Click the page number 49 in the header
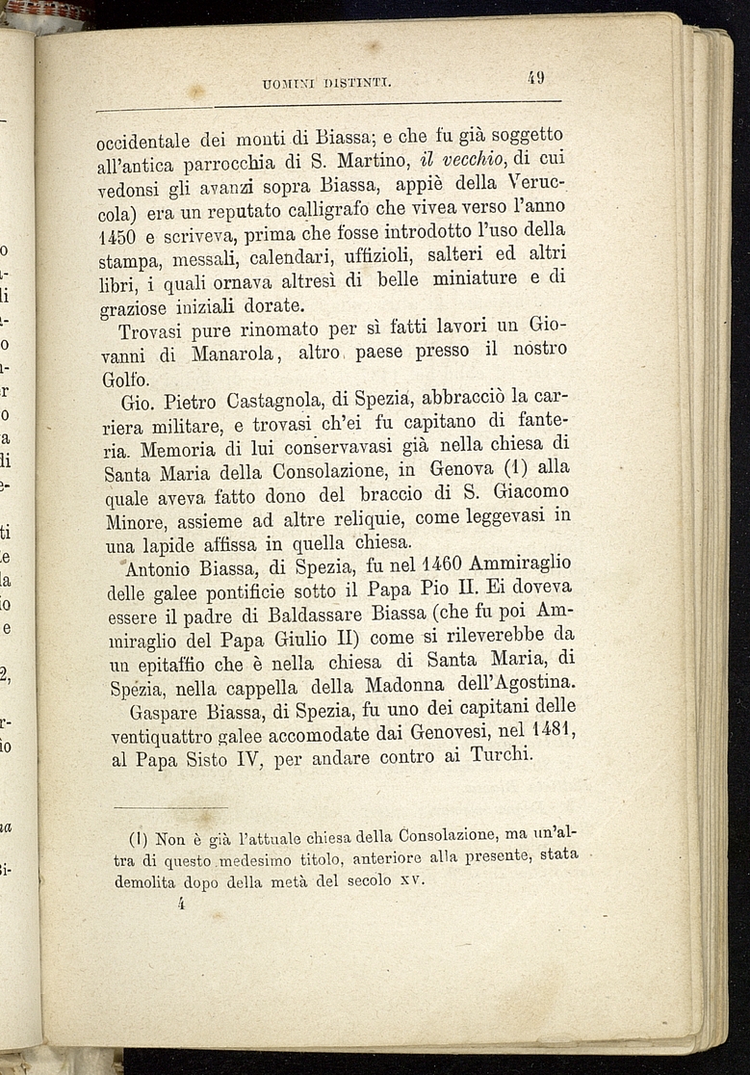pyautogui.click(x=536, y=78)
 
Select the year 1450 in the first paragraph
pyautogui.click(x=121, y=236)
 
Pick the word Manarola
pyautogui.click(x=235, y=355)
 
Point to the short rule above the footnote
pyautogui.click(x=170, y=807)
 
